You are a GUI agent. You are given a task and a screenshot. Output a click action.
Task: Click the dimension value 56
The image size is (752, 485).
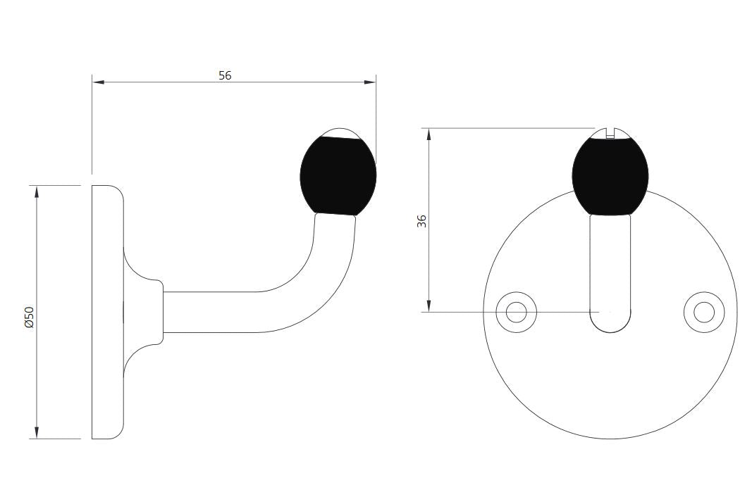[x=225, y=75]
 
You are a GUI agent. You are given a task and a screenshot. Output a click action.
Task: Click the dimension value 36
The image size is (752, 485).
[x=421, y=221]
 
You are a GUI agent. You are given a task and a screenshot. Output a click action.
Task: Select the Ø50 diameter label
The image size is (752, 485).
[x=30, y=317]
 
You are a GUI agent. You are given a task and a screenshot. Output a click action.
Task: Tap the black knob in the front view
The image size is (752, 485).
[x=610, y=176]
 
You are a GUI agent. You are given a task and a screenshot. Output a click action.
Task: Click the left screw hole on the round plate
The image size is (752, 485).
[x=516, y=312]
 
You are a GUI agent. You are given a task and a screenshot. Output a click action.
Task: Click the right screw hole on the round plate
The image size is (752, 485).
[x=703, y=312]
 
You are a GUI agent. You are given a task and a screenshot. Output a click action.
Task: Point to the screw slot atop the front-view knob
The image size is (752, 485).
[x=610, y=132]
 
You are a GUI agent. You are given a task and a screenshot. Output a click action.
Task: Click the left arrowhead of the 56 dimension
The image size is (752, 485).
[x=98, y=82]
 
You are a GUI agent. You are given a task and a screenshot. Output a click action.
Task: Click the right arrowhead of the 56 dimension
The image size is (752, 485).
[x=370, y=82]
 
